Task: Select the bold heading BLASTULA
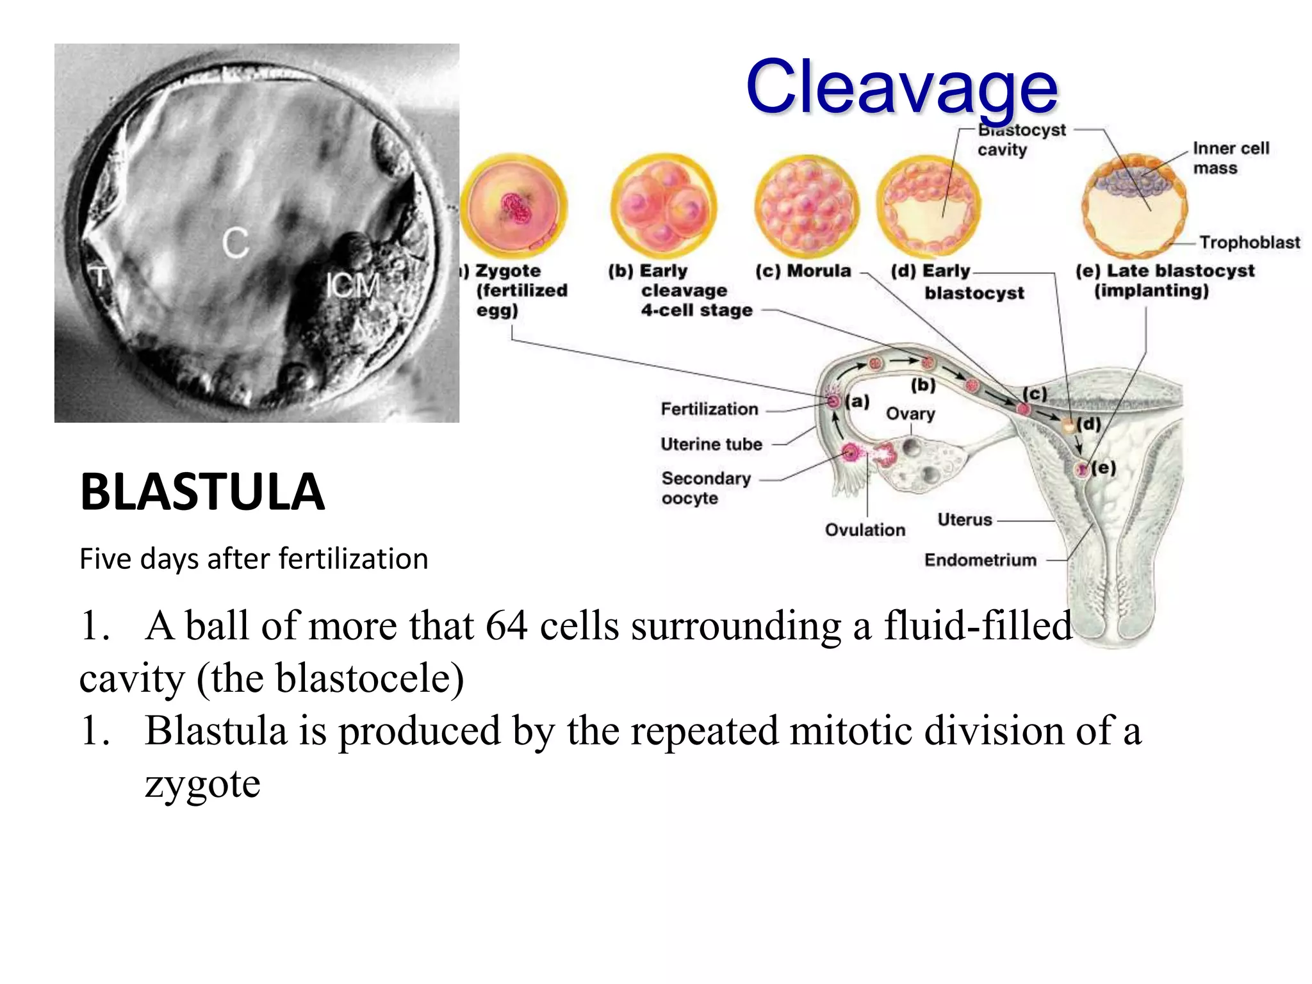click(202, 492)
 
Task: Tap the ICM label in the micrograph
click(352, 286)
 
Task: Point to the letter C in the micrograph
click(235, 243)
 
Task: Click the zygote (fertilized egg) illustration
click(514, 206)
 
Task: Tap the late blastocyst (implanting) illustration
click(1134, 205)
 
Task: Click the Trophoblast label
click(1249, 242)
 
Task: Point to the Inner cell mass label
click(1230, 158)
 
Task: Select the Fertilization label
click(709, 409)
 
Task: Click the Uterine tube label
click(711, 444)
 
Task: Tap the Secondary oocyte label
click(705, 488)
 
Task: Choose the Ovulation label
click(865, 530)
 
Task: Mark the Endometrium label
click(980, 560)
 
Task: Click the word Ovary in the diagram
click(910, 414)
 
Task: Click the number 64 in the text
click(506, 626)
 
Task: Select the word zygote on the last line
click(202, 784)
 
